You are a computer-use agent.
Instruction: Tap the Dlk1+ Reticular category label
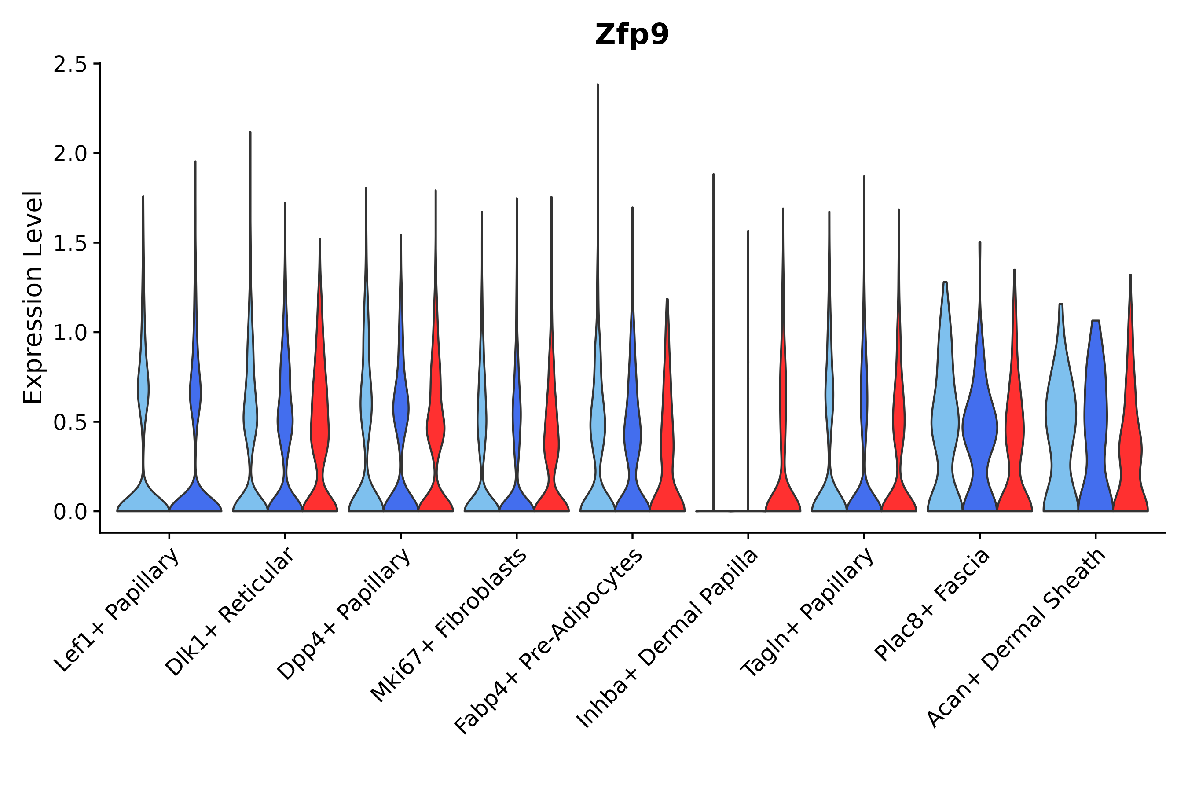pyautogui.click(x=230, y=612)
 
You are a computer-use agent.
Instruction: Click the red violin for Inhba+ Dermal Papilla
pyautogui.click(x=782, y=485)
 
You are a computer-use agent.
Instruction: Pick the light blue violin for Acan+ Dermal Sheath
pyautogui.click(x=1061, y=429)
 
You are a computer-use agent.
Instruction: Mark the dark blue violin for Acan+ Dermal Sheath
pyautogui.click(x=1096, y=429)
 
